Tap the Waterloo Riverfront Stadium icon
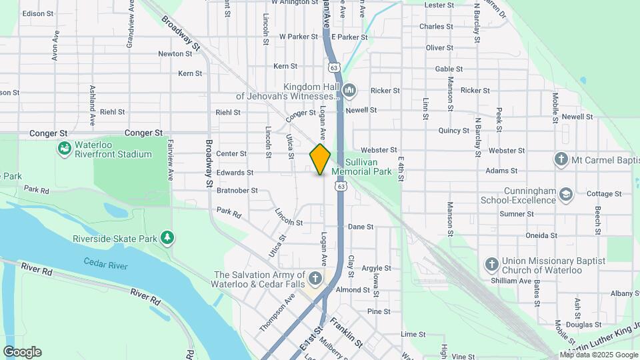65,148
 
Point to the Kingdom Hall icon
349,90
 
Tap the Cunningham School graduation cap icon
566,193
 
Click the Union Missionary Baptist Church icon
492,265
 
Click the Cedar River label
106,265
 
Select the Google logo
22,351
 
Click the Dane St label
361,227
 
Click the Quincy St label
455,131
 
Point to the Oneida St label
541,235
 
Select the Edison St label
38,13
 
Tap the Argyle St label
376,268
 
